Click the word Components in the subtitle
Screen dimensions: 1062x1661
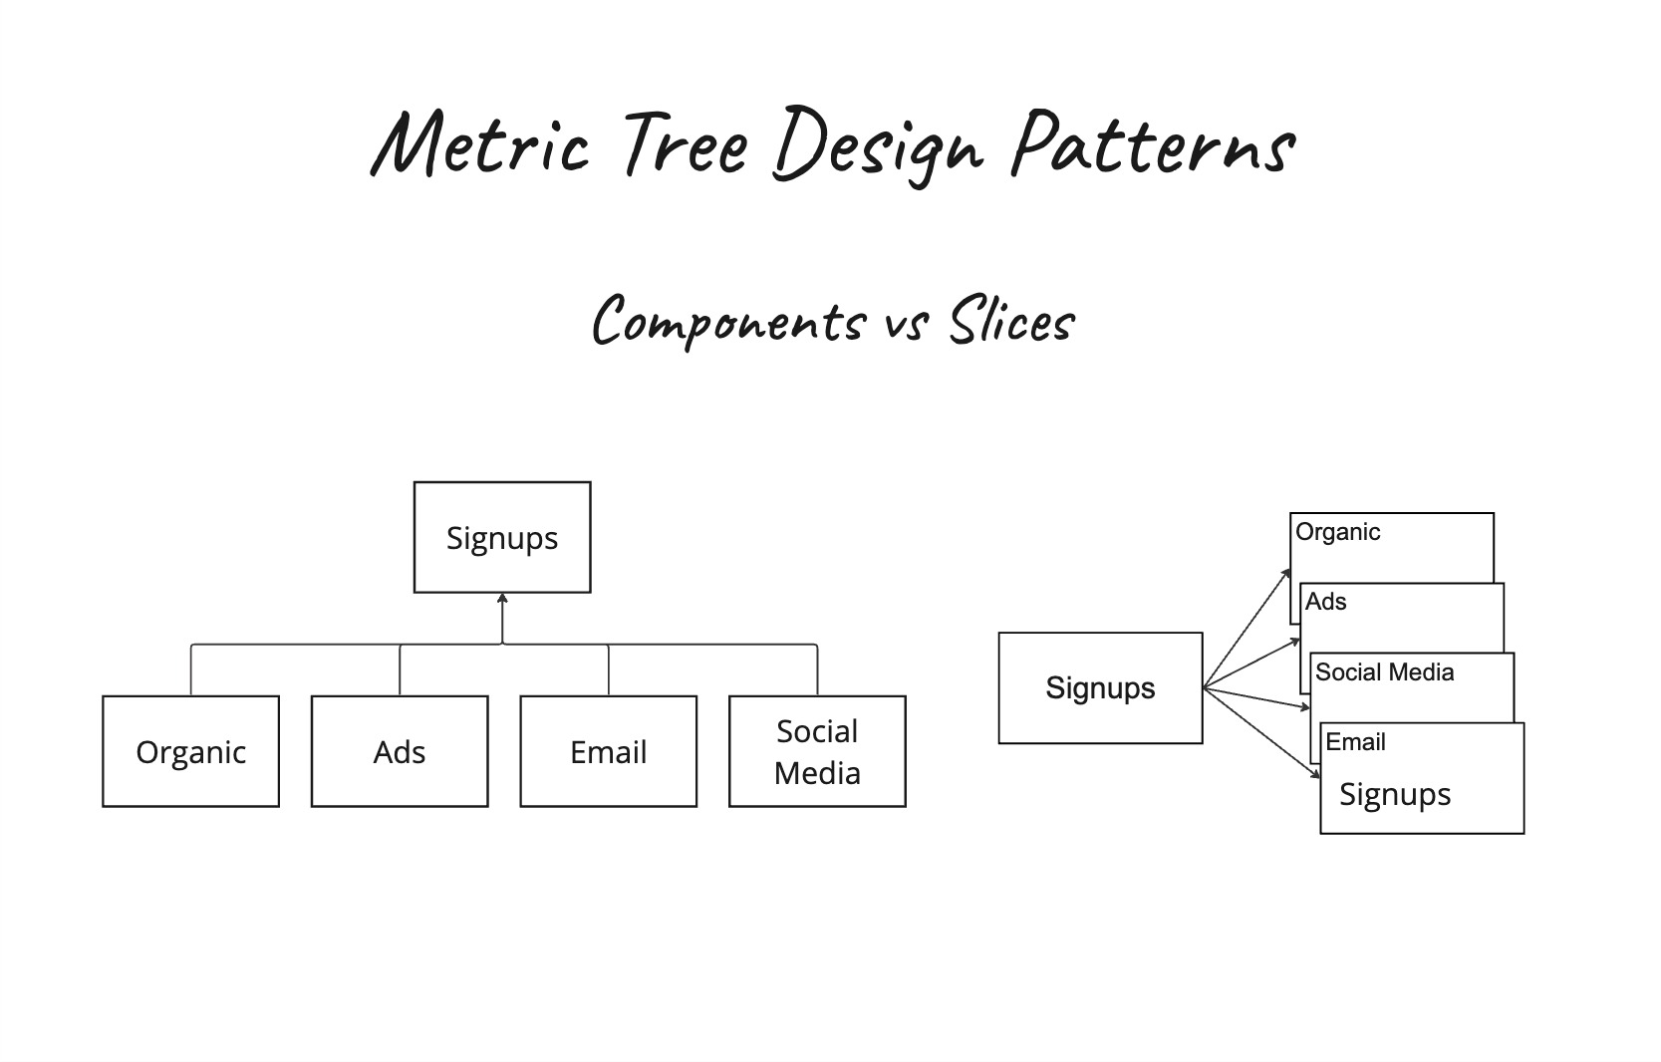pos(727,322)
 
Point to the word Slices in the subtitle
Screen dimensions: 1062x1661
pos(1010,322)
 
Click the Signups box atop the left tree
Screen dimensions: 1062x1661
pos(502,538)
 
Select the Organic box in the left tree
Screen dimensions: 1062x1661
pos(190,751)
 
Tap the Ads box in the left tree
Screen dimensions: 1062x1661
pos(400,751)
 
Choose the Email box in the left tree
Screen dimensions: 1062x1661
pos(608,751)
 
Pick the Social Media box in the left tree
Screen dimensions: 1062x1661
pos(817,751)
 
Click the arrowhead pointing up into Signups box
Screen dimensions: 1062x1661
pos(502,599)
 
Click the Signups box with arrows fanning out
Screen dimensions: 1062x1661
pos(1100,687)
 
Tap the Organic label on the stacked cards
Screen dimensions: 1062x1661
pos(1337,532)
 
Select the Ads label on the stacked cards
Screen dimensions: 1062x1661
pos(1325,602)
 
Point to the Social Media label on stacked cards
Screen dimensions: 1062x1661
pos(1384,672)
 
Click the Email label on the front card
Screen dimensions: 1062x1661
pos(1355,742)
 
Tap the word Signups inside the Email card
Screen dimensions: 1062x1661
pos(1394,794)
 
